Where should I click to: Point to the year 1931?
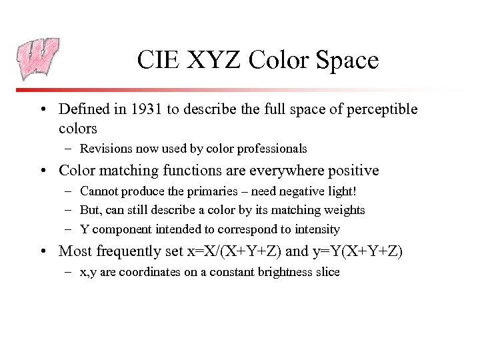tap(149, 109)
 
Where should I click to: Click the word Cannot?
tap(98, 191)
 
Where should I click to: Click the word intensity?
tap(317, 229)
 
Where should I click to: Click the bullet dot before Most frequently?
tap(44, 252)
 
